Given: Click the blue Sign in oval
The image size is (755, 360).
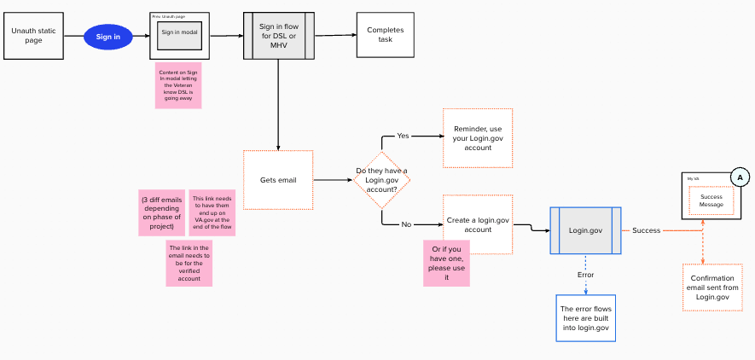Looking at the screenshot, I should point(108,37).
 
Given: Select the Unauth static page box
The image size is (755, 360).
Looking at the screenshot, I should point(33,36).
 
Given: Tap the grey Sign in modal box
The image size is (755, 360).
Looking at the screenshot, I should point(179,33).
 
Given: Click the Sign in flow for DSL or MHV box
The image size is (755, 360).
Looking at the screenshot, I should point(279,36).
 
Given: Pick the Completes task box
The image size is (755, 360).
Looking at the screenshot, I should point(385,35).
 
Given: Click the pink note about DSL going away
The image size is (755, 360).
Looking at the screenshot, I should point(178,85).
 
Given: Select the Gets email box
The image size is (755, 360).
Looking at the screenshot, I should point(278,180).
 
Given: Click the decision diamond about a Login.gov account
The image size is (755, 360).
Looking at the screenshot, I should point(382,180).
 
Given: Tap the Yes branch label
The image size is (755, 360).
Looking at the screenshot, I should point(403,136).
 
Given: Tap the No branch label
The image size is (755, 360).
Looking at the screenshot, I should point(406,224).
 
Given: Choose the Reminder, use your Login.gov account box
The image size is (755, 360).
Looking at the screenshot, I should point(478,138).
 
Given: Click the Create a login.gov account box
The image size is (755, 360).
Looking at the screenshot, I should point(478,224).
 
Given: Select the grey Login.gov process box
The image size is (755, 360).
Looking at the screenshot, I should point(586,230).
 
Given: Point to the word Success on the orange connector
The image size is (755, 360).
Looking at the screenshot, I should point(646,230).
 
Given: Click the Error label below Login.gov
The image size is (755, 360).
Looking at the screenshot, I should point(585,275).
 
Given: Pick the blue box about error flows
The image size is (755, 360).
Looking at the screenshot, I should point(585,318).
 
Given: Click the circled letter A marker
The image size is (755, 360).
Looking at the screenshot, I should point(740,177).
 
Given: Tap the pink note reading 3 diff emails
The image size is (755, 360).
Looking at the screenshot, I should point(162,213).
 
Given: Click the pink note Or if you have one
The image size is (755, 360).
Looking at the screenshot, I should point(446,263).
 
